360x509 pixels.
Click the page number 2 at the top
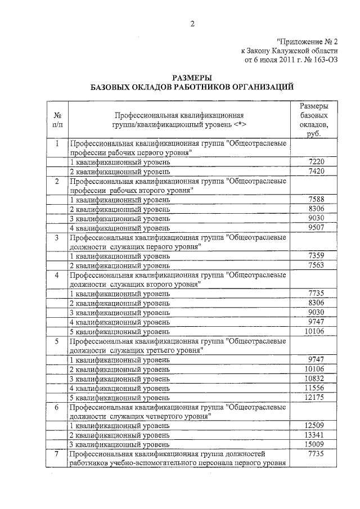[192, 23]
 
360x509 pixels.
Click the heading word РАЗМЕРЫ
[192, 78]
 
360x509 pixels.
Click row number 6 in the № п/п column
[57, 407]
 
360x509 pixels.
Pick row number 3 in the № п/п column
[57, 237]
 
